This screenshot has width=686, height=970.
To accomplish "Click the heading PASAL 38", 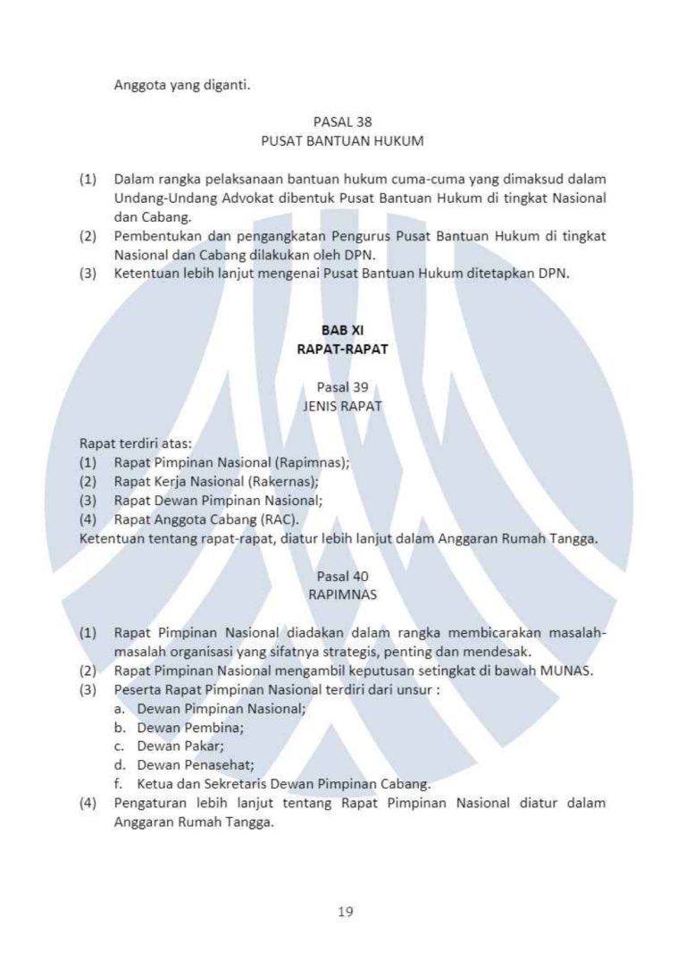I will (342, 122).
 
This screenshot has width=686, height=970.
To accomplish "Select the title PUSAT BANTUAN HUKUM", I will (342, 141).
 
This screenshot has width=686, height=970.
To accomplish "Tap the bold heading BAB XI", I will (342, 330).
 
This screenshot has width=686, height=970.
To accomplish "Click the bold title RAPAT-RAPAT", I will (342, 350).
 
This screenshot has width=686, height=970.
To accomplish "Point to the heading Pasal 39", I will (342, 387).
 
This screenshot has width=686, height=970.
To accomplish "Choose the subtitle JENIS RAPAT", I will (342, 406).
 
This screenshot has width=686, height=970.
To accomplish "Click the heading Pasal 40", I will (342, 577).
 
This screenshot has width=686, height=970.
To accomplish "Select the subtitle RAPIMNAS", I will (342, 595).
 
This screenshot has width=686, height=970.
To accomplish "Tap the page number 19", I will (346, 912).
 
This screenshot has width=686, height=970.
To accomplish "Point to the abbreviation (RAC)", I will (280, 519).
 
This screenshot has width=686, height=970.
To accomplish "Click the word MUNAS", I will (566, 671).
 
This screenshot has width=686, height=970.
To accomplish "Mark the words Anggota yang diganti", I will (182, 86).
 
